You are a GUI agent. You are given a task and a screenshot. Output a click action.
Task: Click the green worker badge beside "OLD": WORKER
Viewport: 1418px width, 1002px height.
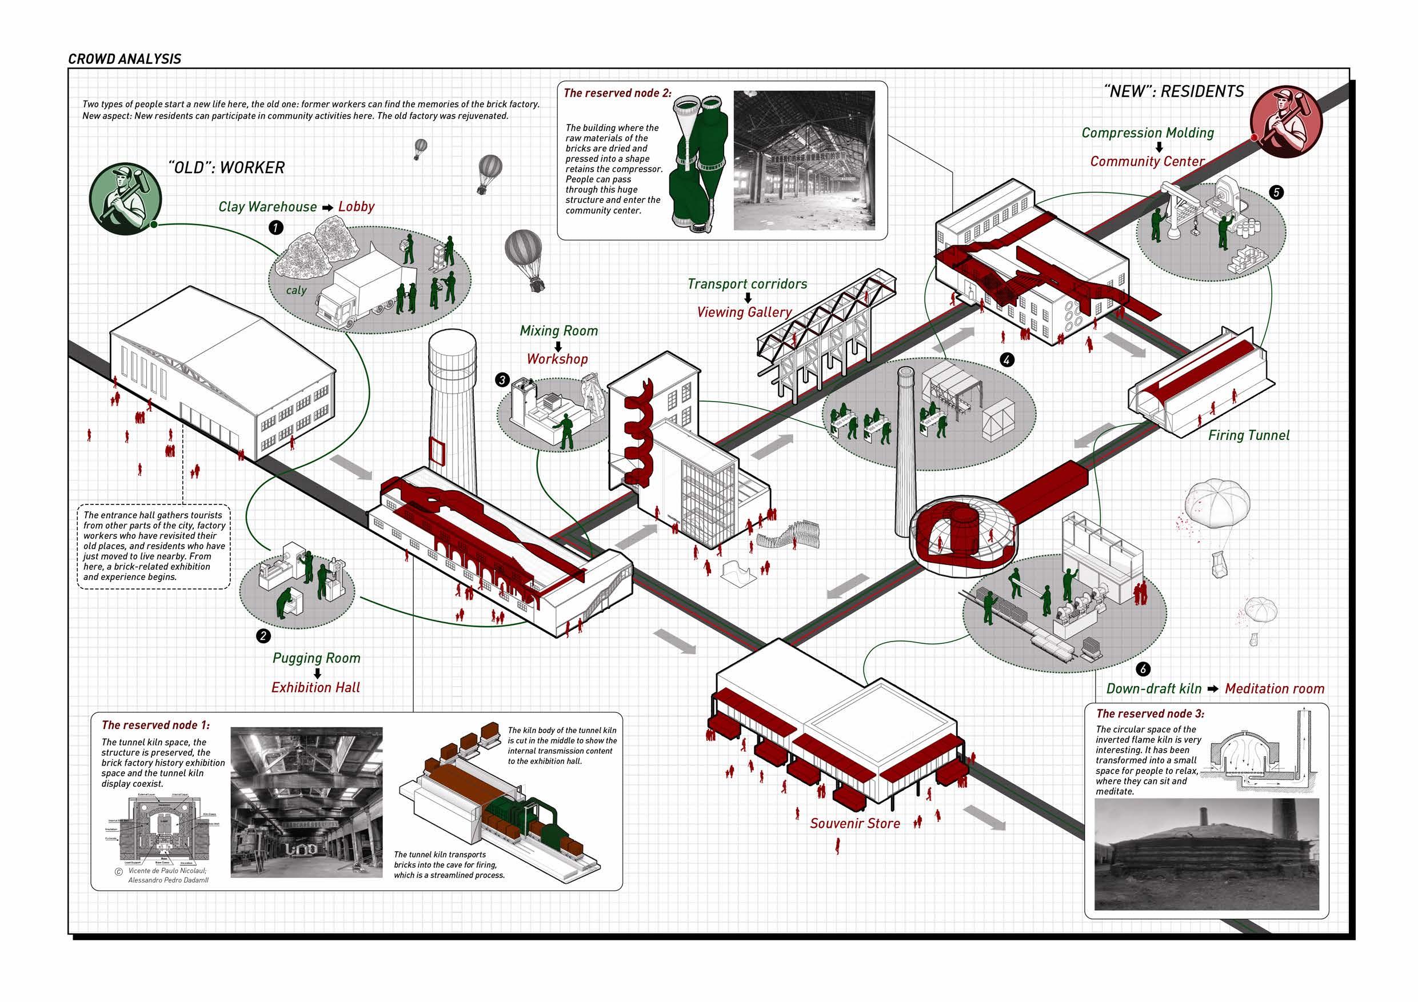125,198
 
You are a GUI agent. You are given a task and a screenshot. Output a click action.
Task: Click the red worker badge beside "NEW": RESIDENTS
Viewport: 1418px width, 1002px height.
1286,121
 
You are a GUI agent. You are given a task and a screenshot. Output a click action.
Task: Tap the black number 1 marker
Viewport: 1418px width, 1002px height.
275,227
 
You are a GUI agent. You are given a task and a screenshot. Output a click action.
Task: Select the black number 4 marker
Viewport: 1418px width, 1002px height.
1007,359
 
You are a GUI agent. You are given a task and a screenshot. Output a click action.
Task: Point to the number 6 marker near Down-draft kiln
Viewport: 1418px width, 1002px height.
1143,668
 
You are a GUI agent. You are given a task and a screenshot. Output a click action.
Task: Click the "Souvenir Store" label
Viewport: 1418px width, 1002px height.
855,823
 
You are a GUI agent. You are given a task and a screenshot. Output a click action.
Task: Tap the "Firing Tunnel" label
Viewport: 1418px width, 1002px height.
1249,435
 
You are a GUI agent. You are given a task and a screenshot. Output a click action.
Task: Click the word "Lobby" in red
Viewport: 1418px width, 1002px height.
356,207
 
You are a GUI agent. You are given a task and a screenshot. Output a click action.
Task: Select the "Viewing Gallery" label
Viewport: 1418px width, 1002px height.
744,312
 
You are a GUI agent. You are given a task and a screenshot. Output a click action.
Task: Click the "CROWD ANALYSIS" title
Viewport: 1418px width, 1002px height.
124,59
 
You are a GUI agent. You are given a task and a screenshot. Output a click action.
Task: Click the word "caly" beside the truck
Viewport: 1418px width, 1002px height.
297,290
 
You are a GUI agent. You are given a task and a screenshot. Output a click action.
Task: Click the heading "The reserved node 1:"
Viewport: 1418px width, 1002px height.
155,725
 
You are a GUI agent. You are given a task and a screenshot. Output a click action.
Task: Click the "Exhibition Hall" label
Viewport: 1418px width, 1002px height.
315,687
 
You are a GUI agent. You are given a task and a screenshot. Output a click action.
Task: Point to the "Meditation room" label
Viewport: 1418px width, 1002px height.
1275,688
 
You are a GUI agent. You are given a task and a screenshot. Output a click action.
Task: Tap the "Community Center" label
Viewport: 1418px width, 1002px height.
1148,162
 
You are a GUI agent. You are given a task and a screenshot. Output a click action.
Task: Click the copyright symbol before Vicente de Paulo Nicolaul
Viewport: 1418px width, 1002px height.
118,872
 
